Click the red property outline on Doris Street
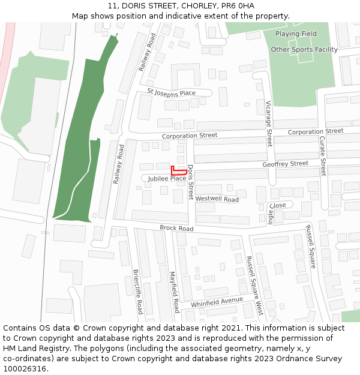pos(177,172)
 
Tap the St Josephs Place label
pos(172,93)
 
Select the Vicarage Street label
pos(269,124)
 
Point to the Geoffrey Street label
pos(285,164)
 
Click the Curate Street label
pos(322,155)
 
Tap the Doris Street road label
pos(191,182)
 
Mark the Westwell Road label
pos(217,199)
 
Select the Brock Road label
pos(176,229)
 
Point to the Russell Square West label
pos(255,285)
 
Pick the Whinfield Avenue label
pos(217,302)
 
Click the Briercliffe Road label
pos(137,292)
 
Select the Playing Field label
pos(296,34)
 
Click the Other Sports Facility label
pos(304,50)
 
